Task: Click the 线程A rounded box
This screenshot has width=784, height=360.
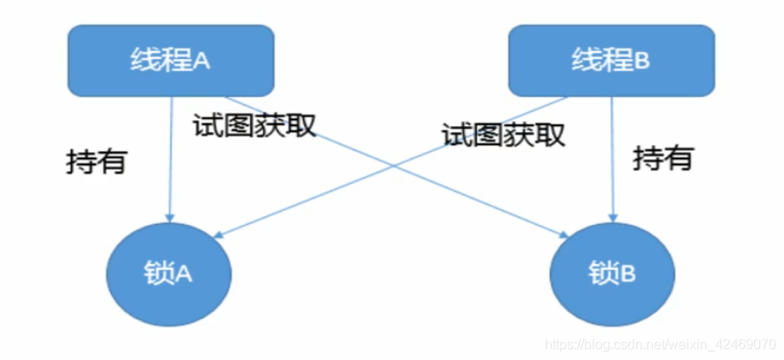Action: [x=171, y=59]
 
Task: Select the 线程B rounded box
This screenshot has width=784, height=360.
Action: [x=610, y=59]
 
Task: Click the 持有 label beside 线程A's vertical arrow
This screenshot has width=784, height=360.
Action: [x=96, y=162]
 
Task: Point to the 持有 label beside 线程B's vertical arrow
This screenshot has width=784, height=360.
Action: [x=663, y=157]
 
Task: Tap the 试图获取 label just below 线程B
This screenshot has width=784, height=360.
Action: [x=503, y=134]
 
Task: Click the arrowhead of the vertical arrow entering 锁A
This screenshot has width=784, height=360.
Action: [x=171, y=216]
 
